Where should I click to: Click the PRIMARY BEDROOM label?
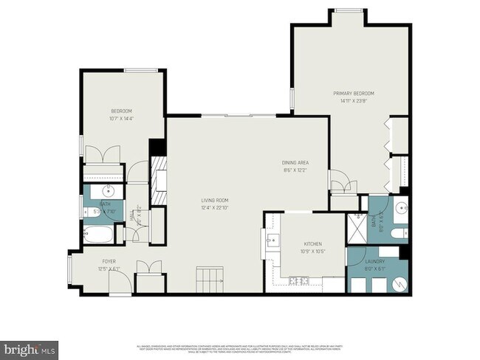(354, 94)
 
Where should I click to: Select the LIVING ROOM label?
(215, 200)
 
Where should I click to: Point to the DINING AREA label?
(295, 163)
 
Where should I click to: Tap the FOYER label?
(109, 261)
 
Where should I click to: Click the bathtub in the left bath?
(97, 236)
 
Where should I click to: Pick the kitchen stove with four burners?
(299, 280)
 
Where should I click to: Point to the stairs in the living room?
(209, 280)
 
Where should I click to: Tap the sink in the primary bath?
(402, 207)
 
